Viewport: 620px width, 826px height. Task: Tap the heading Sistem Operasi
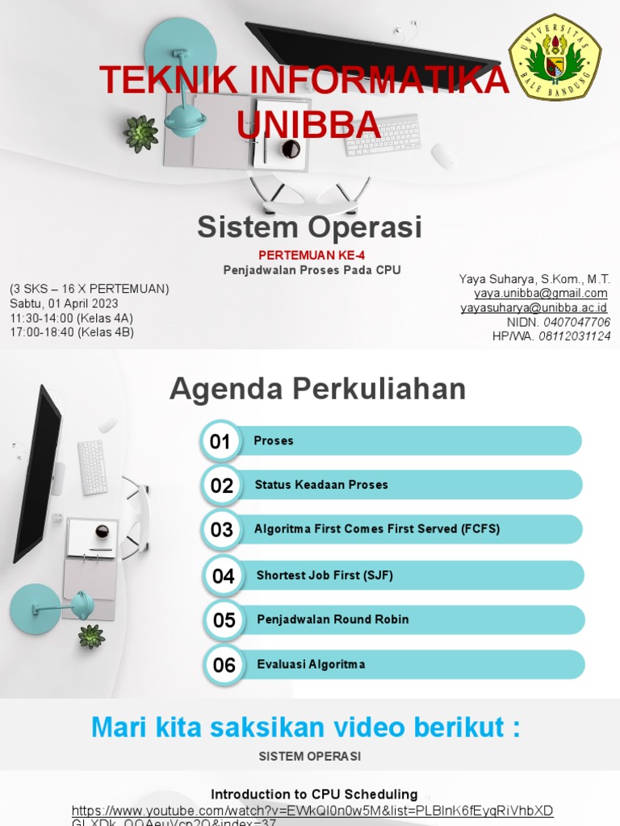(310, 227)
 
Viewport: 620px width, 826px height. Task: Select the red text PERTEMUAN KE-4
(312, 255)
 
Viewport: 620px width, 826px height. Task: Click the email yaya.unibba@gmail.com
(541, 294)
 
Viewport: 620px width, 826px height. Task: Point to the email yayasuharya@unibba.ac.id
(534, 308)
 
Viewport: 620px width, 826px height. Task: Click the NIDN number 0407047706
(575, 322)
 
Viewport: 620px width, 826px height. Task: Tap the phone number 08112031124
(574, 336)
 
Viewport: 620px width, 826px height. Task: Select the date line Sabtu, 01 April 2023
(64, 303)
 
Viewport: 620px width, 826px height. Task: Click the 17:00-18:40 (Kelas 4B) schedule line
(72, 332)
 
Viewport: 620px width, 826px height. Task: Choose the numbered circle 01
(220, 441)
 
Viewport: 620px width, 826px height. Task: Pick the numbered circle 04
(223, 576)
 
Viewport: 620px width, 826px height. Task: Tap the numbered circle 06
(224, 665)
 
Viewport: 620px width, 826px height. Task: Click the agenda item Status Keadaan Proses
(321, 485)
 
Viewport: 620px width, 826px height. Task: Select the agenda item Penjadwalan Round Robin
(333, 619)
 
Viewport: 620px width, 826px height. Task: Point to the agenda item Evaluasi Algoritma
(311, 665)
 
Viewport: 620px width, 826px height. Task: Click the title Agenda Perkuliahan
(317, 390)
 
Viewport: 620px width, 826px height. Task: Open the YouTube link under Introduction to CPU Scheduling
(312, 811)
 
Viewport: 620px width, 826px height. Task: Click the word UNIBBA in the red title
(308, 124)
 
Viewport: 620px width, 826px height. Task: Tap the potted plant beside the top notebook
(140, 133)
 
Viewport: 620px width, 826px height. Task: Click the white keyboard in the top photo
(383, 135)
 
